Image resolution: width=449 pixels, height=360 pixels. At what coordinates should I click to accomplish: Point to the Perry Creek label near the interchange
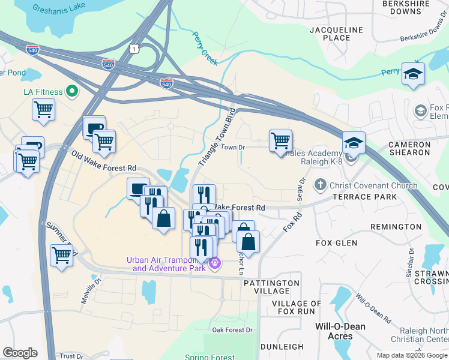click(x=205, y=47)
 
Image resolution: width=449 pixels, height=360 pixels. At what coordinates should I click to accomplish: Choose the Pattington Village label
click(x=272, y=287)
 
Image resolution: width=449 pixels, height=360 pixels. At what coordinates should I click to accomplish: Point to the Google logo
click(x=20, y=353)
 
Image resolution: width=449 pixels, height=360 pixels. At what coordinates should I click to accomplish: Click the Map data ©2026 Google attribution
click(x=411, y=355)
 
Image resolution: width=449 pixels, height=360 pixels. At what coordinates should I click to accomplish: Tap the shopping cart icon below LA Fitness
click(x=44, y=110)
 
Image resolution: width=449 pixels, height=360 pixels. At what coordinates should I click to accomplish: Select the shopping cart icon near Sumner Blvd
click(x=61, y=254)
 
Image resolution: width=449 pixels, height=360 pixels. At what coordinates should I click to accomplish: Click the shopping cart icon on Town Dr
click(x=280, y=141)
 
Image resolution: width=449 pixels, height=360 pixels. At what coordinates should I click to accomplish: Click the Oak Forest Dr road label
click(x=233, y=330)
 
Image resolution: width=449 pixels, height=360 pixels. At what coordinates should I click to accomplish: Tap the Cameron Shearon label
click(x=410, y=149)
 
